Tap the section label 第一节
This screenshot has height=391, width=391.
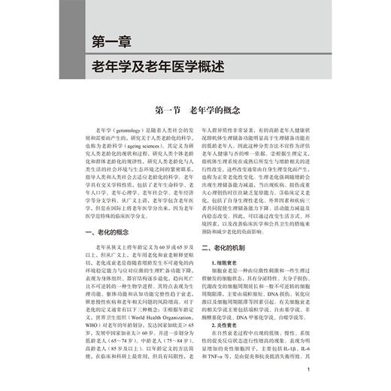click(x=174, y=110)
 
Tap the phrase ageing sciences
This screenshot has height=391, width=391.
click(x=144, y=148)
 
